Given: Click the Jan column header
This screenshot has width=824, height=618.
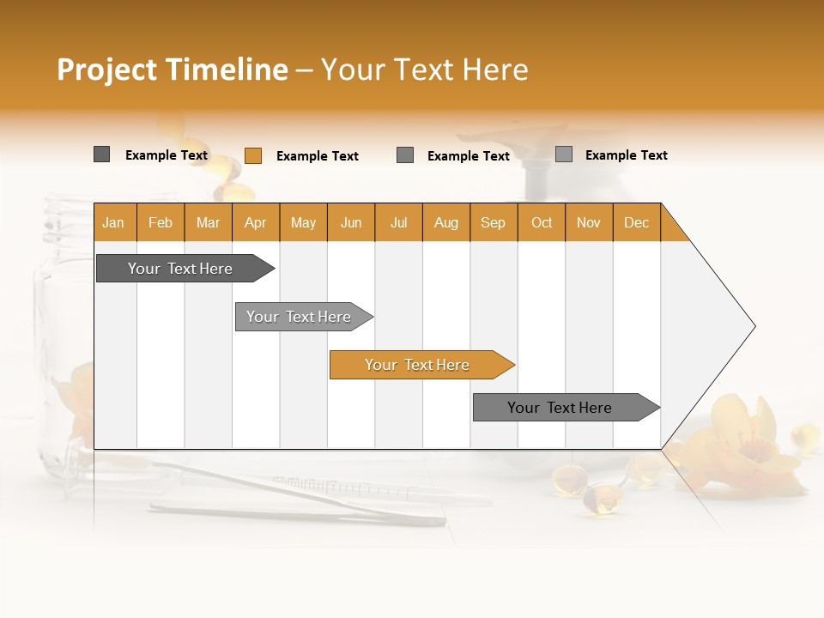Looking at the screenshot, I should (113, 222).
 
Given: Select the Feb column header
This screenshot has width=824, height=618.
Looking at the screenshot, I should (161, 222).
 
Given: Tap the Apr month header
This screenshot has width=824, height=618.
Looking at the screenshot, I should (255, 222).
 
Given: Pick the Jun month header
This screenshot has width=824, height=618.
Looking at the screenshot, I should (351, 222).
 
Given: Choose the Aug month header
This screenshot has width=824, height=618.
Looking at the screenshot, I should (445, 222).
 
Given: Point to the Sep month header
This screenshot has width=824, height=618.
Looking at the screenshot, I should (493, 222).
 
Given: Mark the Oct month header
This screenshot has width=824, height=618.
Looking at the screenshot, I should (542, 222).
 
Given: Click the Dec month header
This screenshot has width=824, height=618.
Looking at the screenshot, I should (636, 222).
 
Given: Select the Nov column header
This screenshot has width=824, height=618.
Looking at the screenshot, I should (589, 222).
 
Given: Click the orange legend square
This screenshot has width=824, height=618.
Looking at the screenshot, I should (253, 155).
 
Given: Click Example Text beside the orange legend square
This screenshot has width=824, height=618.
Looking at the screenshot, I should (317, 156).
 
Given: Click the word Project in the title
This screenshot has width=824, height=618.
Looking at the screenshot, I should (107, 70).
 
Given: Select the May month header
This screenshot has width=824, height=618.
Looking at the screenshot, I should (303, 222).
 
